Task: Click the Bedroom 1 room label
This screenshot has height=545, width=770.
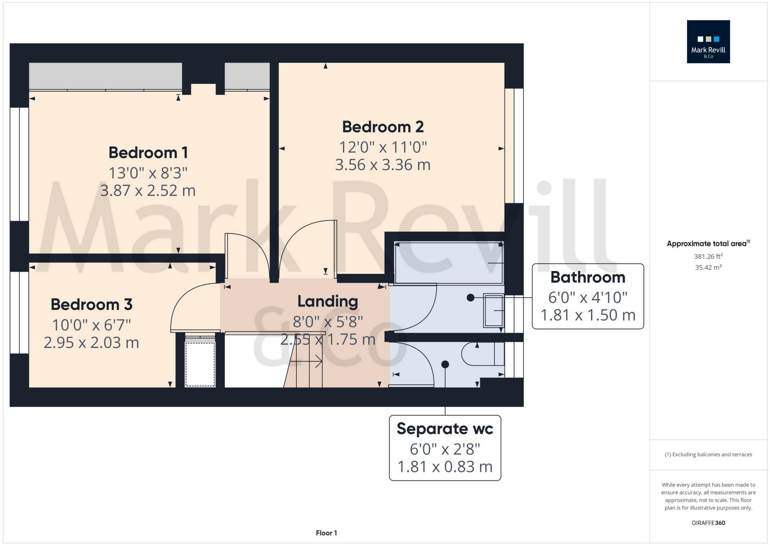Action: [148, 153]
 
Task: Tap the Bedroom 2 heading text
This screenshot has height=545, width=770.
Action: [383, 127]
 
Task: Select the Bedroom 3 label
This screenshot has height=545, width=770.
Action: [91, 304]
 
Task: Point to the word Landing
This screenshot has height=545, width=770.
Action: [328, 301]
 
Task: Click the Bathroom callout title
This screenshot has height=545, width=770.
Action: [587, 277]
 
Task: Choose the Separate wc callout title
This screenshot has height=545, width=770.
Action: [445, 429]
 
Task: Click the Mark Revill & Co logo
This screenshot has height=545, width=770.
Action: [708, 42]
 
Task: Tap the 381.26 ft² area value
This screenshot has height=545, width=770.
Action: [708, 257]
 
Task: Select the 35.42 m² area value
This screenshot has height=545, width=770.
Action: [708, 267]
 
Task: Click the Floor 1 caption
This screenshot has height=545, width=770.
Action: [326, 533]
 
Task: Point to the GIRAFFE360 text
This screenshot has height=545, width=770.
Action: [708, 523]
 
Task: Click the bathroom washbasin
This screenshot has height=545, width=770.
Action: [493, 311]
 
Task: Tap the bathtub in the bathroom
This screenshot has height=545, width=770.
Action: [449, 263]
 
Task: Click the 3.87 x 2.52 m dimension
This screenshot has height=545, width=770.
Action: [148, 190]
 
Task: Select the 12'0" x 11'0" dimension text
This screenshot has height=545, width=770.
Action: [383, 147]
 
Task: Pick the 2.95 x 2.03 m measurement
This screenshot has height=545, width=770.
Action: [91, 343]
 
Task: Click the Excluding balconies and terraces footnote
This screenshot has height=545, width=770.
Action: [708, 454]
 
